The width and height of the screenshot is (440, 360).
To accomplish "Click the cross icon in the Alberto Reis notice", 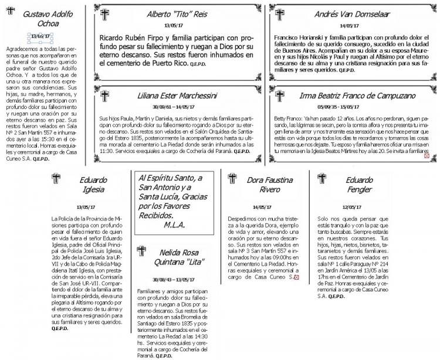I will click(x=106, y=16).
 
